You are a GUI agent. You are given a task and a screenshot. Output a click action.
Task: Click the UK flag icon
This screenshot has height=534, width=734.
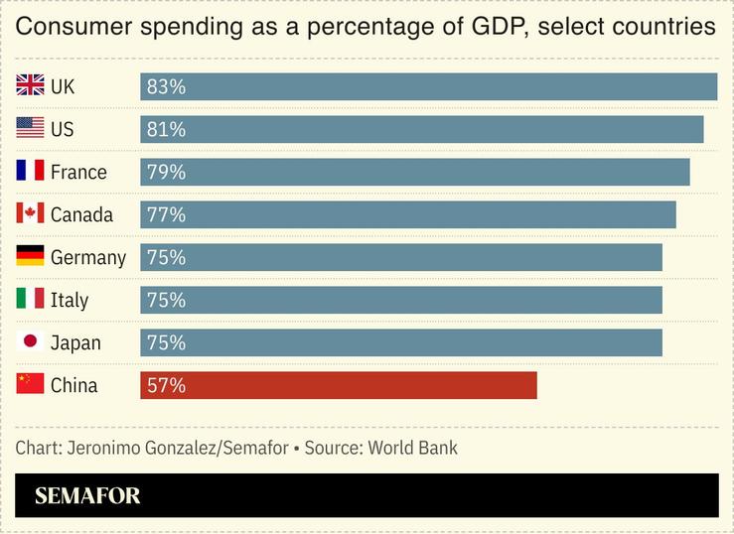click(x=30, y=85)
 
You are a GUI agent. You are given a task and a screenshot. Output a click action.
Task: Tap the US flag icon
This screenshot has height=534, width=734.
click(x=30, y=128)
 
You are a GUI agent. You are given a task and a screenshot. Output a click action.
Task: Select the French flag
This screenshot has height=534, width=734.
click(x=30, y=171)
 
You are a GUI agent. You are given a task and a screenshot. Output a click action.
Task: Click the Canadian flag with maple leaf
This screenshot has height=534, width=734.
click(x=30, y=213)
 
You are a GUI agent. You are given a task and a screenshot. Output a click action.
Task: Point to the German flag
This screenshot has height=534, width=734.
click(x=30, y=256)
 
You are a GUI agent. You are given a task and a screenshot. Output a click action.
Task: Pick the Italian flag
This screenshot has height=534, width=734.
click(x=30, y=299)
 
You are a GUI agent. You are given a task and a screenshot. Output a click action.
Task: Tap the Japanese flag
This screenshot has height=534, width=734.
click(x=30, y=341)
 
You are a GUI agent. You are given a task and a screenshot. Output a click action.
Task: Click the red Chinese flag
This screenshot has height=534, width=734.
click(x=30, y=384)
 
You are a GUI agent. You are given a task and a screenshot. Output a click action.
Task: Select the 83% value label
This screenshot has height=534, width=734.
click(x=166, y=87)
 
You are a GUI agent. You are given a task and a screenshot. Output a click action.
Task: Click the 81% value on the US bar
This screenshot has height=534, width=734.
click(x=166, y=130)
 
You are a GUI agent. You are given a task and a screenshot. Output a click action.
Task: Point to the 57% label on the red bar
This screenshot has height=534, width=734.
click(x=166, y=386)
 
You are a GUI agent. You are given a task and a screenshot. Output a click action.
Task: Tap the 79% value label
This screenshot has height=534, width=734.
click(x=166, y=173)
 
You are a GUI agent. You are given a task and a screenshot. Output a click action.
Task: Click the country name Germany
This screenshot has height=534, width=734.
click(x=88, y=258)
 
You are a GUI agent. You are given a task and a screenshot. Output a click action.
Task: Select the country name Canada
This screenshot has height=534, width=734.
click(x=81, y=215)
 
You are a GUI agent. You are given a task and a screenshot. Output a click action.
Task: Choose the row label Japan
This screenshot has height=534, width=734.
click(x=75, y=343)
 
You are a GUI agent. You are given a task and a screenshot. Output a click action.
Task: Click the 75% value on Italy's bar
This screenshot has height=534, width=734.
click(x=166, y=301)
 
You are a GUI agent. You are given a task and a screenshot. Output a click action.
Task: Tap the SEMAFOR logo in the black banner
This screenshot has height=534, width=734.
click(x=87, y=496)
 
